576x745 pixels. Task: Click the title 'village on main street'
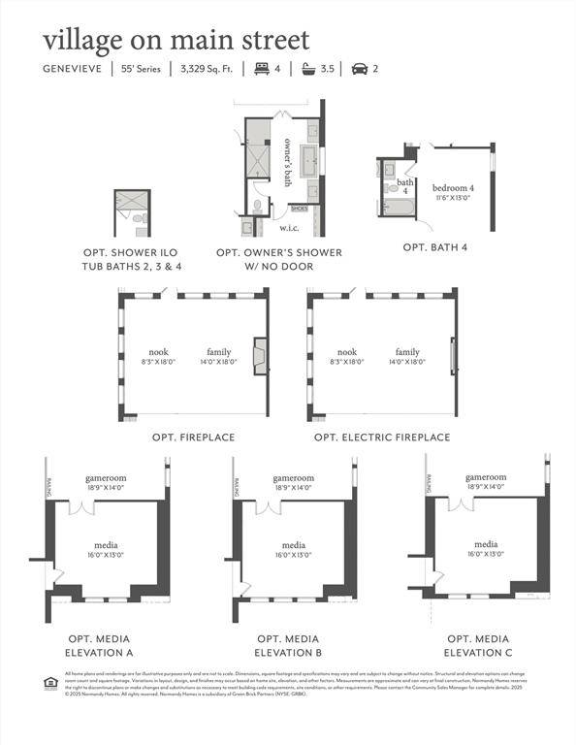(176, 40)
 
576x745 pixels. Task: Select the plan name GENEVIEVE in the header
(73, 70)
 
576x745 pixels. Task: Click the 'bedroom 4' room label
(453, 187)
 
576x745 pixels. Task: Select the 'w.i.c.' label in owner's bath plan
(289, 228)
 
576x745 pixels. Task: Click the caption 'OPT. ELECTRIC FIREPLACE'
(382, 437)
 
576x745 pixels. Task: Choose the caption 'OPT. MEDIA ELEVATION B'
(288, 646)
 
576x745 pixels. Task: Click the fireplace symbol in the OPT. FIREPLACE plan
(260, 356)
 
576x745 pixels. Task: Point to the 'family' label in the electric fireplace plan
(407, 352)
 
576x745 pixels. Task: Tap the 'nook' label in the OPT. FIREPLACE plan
(158, 352)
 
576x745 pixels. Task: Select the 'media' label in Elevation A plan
(106, 545)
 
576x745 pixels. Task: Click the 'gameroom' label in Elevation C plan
(486, 477)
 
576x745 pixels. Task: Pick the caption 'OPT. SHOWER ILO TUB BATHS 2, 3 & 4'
(132, 259)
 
